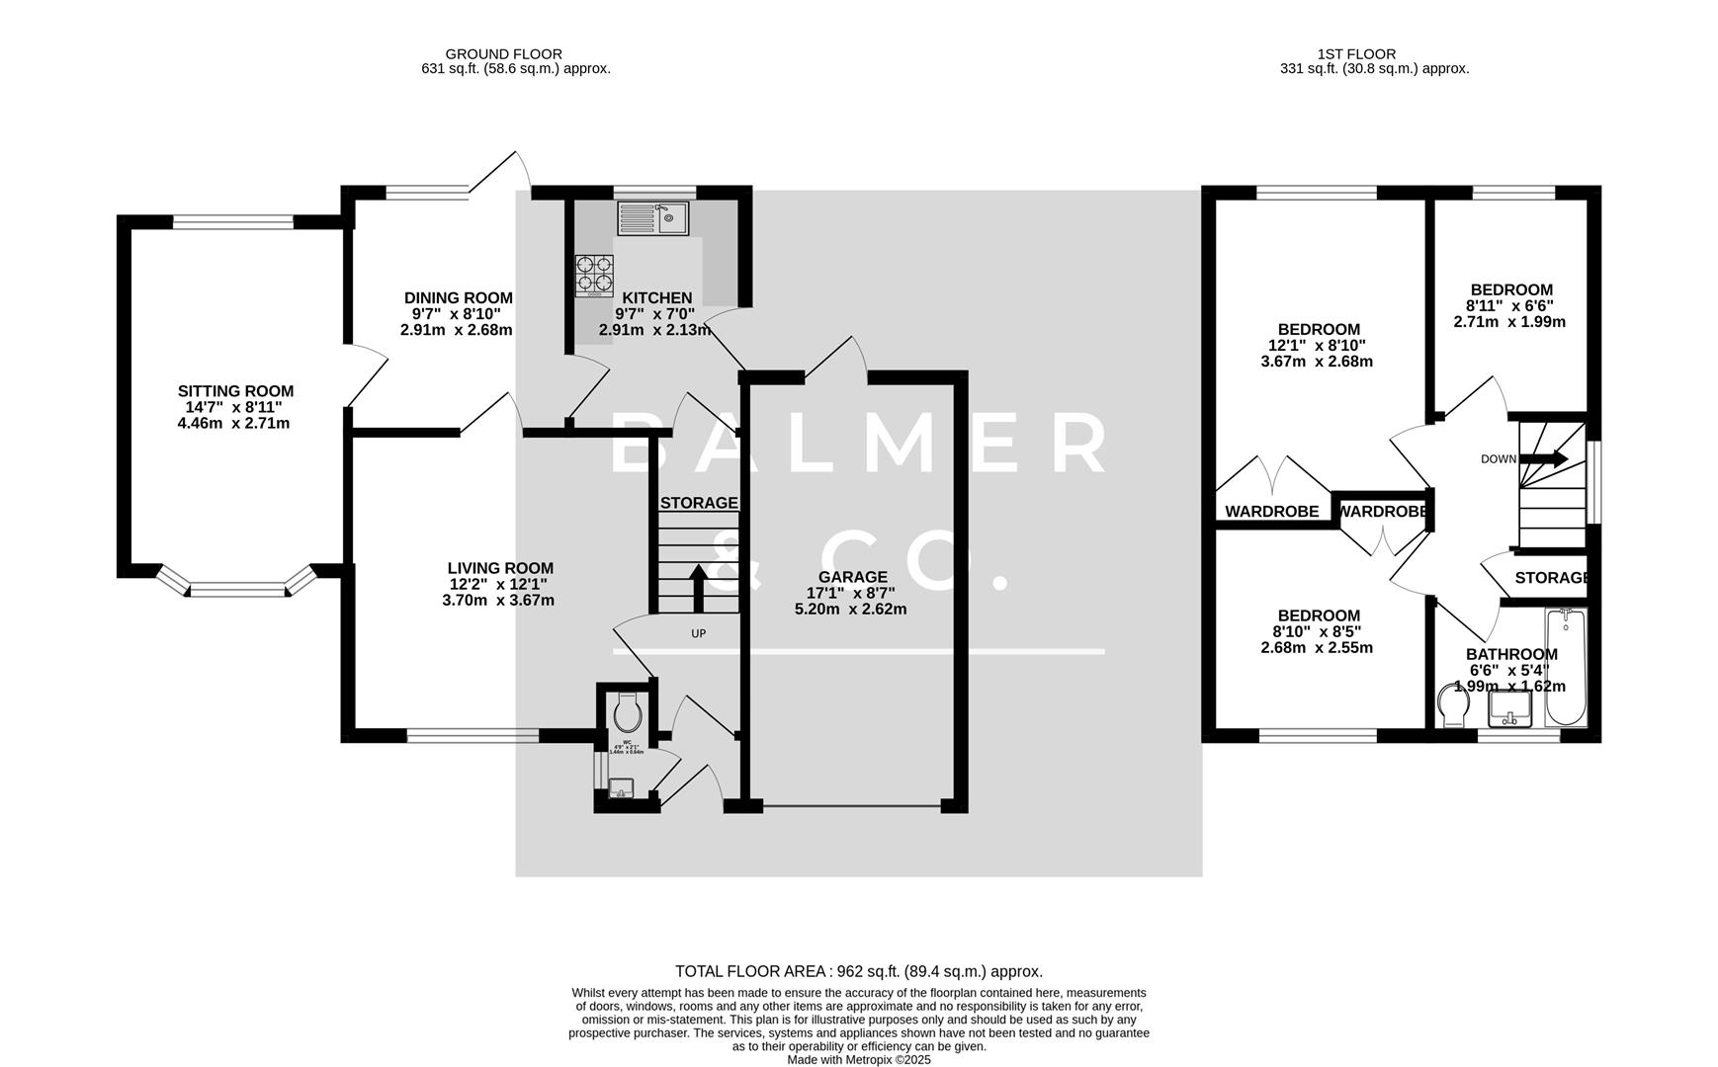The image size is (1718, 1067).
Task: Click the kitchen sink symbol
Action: [x=653, y=218]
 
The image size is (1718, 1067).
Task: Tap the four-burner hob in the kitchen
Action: [x=594, y=276]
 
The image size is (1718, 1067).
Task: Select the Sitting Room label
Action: [x=235, y=391]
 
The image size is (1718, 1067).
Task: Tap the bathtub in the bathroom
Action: [x=1565, y=669]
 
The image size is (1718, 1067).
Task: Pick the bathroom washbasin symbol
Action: [x=1509, y=707]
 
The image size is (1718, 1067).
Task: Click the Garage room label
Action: [x=852, y=577]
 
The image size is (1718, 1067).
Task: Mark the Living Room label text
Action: [x=500, y=568]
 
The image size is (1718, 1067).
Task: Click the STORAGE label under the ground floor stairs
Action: [x=699, y=503]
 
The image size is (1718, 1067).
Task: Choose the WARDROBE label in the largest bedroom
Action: [x=1271, y=511]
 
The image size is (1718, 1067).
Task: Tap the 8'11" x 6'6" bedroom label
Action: [x=1509, y=289]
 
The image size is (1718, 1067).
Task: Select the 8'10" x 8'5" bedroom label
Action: [x=1318, y=616]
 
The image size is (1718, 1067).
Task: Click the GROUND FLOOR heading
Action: [x=503, y=54]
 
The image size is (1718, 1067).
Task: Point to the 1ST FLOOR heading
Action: [x=1356, y=54]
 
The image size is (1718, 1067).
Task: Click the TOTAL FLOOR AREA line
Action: [x=858, y=971]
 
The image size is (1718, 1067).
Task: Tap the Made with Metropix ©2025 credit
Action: [x=858, y=1059]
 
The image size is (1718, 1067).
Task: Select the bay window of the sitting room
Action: [x=236, y=590]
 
